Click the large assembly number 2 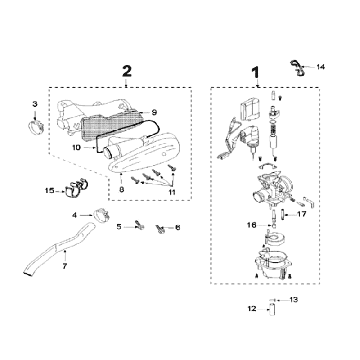click(x=127, y=71)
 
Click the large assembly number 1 click(x=255, y=73)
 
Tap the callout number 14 click(x=320, y=67)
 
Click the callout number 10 click(x=76, y=147)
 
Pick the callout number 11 click(x=172, y=193)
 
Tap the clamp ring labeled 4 click(x=100, y=215)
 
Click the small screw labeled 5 click(x=139, y=225)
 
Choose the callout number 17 click(x=302, y=214)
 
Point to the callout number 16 click(x=252, y=225)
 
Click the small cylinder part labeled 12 click(x=272, y=310)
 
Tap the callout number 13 click(x=293, y=300)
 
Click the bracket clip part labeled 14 click(x=297, y=68)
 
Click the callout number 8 click(x=122, y=189)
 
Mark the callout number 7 click(x=65, y=266)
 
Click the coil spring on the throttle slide click(x=274, y=126)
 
